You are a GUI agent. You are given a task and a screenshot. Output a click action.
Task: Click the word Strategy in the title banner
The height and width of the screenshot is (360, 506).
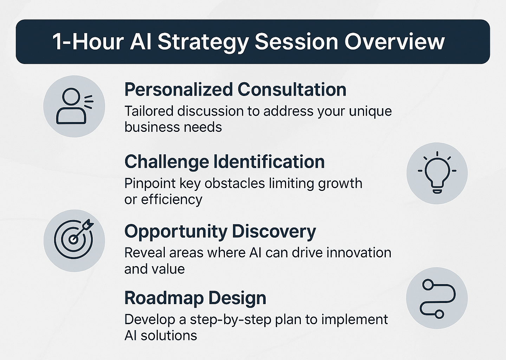point(203,43)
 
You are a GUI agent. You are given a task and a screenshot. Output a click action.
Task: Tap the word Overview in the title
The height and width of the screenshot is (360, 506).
point(394,42)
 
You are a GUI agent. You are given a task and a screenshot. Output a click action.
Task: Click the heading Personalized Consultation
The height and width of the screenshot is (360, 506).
point(235,90)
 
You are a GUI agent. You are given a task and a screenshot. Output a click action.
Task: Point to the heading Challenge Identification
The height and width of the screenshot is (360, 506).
point(225,162)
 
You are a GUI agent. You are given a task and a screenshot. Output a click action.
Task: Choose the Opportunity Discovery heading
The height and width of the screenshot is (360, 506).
point(220,232)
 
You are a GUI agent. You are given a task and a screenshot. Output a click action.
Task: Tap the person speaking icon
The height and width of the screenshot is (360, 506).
point(74,106)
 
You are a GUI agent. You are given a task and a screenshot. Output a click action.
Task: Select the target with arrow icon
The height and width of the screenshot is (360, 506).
point(74,239)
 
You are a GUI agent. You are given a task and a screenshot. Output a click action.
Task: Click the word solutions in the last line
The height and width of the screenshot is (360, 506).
point(169,336)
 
